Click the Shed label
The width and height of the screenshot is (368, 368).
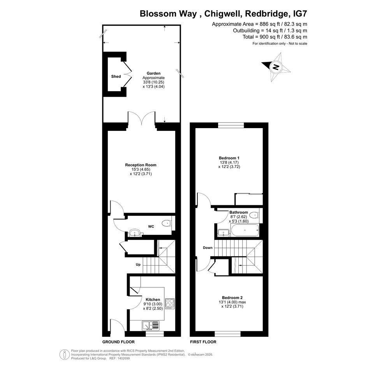116,76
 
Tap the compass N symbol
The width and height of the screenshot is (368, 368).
276,67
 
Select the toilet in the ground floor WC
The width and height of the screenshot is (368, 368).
167,223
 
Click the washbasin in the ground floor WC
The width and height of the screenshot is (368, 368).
135,233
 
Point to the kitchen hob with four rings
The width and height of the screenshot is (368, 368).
170,303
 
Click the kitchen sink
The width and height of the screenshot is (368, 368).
150,326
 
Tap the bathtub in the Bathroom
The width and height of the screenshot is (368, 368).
245,231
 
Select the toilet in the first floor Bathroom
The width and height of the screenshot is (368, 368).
254,215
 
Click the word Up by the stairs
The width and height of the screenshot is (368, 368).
138,264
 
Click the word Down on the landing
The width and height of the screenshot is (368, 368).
208,248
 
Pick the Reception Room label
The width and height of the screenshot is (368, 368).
141,165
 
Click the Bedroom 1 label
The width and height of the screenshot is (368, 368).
229,158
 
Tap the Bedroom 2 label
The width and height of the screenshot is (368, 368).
232,298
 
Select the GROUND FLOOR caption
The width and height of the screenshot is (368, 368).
118,342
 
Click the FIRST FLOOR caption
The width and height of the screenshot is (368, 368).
203,342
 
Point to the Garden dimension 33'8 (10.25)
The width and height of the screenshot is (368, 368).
153,82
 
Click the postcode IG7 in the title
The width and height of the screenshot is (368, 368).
300,13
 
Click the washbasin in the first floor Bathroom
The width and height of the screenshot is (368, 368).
223,233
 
